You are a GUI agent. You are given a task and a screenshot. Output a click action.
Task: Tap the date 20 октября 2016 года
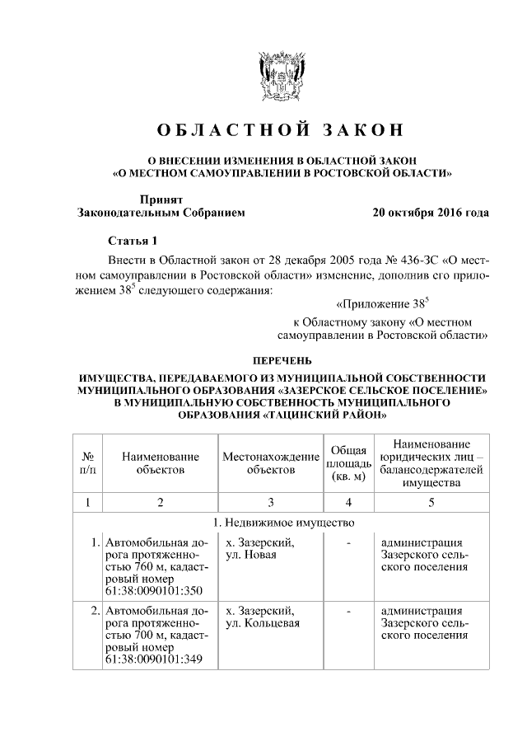pyautogui.click(x=430, y=212)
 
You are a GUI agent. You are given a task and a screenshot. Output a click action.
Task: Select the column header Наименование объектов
pyautogui.click(x=160, y=462)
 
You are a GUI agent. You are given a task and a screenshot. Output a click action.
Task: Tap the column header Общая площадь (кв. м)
pyautogui.click(x=348, y=462)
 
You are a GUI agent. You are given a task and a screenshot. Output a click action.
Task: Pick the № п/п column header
pyautogui.click(x=87, y=462)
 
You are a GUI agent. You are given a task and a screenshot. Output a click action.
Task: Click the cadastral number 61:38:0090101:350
pyautogui.click(x=149, y=591)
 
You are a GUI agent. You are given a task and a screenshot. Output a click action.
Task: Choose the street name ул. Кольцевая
pyautogui.click(x=262, y=623)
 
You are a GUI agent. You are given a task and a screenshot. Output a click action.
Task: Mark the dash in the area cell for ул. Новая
pyautogui.click(x=349, y=543)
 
